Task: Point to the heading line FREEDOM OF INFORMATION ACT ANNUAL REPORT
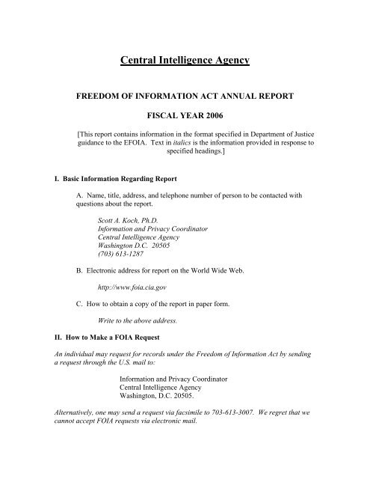[185, 97]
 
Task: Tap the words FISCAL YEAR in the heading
[170, 117]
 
